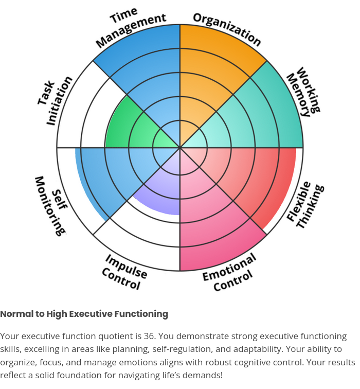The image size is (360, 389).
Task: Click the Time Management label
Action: [x=131, y=27]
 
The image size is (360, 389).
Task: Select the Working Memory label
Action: [x=304, y=92]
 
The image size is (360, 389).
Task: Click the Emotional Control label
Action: [x=229, y=272]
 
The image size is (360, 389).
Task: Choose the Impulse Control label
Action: [x=124, y=272]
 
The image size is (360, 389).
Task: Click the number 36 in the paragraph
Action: [x=149, y=336]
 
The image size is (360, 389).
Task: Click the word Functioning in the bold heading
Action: [x=141, y=314]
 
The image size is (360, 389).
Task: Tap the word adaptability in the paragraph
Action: [x=258, y=349]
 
